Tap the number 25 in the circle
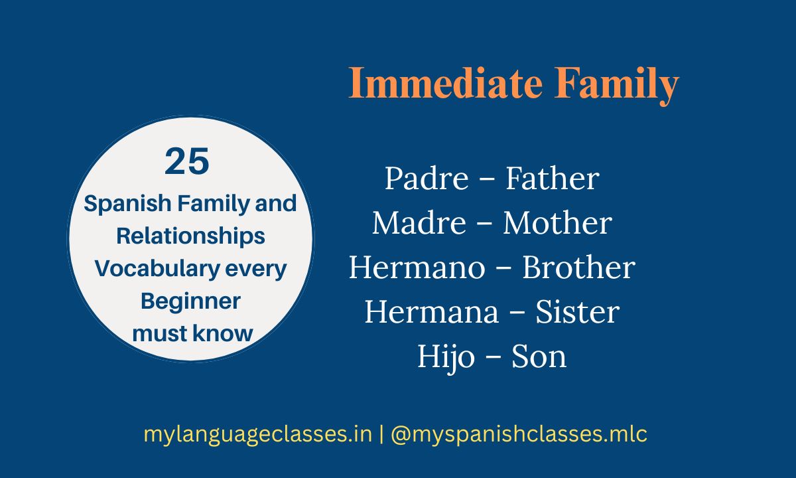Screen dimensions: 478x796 coord(187,163)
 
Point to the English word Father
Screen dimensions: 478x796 coord(553,179)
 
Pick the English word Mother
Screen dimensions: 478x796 coord(557,223)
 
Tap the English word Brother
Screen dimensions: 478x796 coord(578,268)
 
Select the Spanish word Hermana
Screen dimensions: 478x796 coord(425,312)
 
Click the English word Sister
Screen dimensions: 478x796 coord(577,312)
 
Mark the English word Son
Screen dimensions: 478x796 coord(539,357)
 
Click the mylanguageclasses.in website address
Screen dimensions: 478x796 coord(257,435)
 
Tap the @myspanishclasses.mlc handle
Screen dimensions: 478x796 coord(519,435)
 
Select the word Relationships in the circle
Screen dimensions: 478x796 coord(190,236)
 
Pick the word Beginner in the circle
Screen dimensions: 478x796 coord(190,301)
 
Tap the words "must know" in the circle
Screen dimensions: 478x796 coord(192,333)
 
